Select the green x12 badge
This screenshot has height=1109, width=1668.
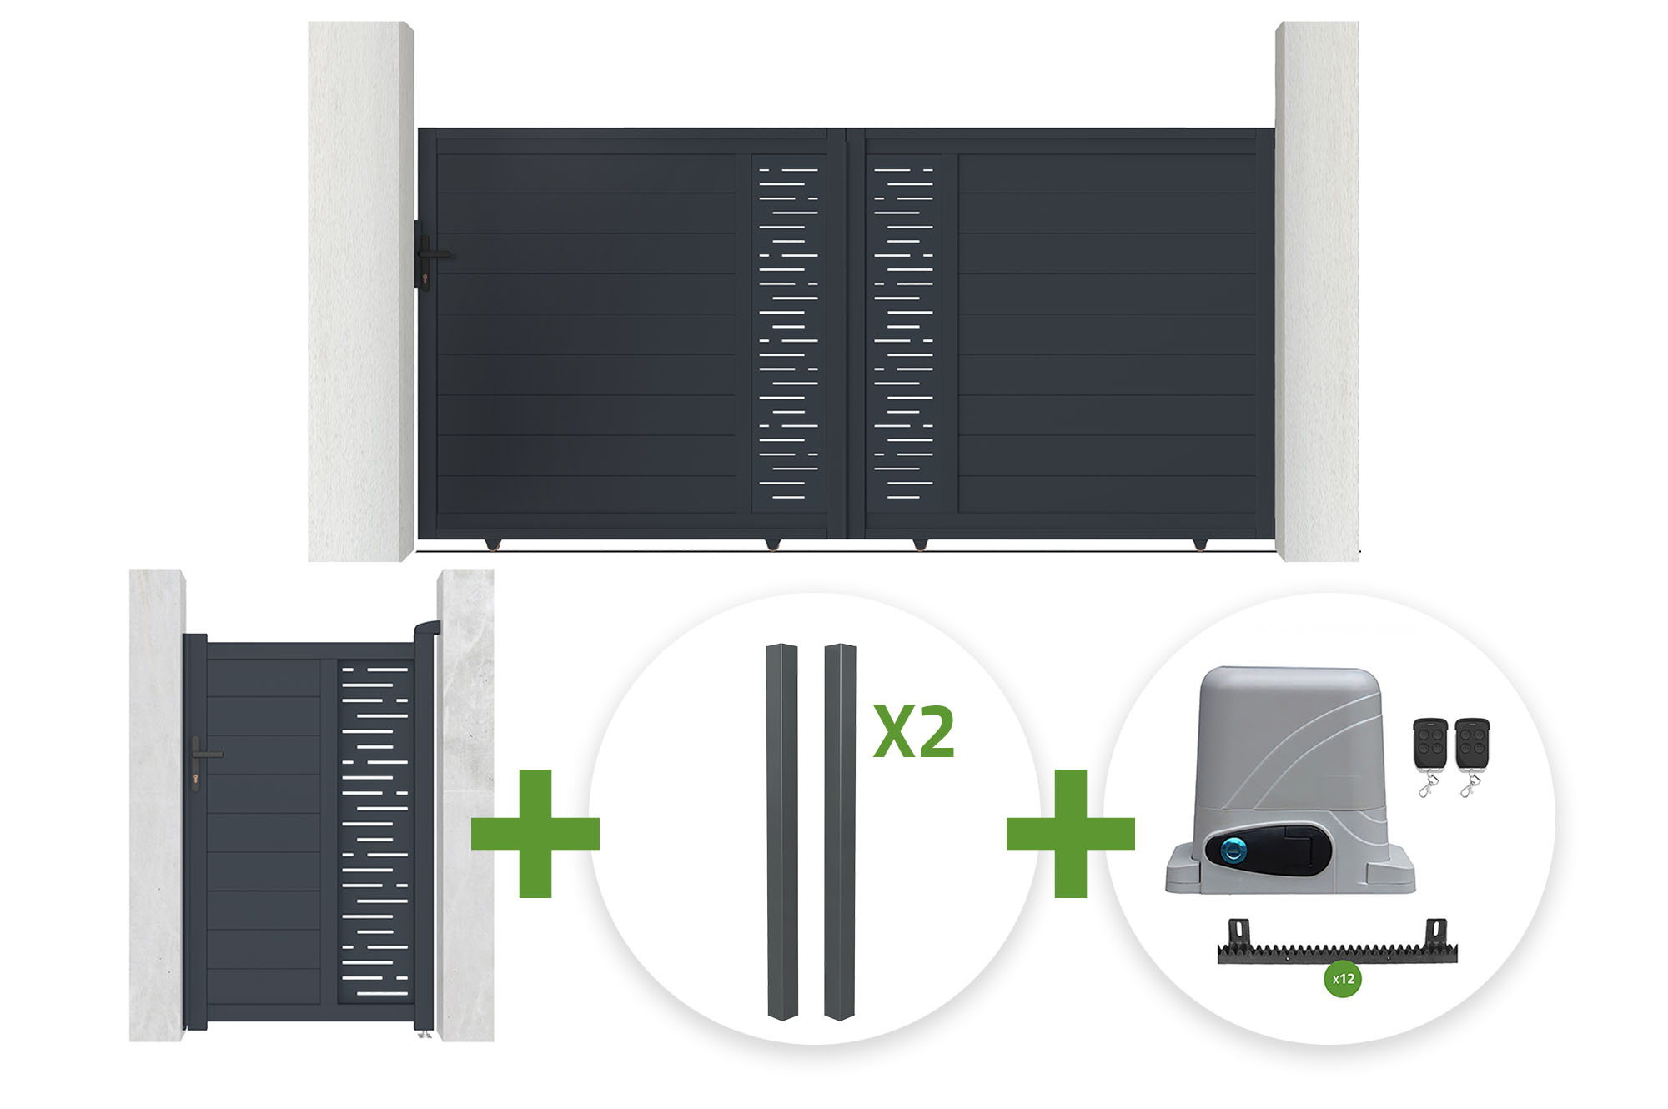[x=1343, y=979]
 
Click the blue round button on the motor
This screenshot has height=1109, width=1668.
[x=1233, y=851]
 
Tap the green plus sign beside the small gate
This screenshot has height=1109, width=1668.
[x=535, y=833]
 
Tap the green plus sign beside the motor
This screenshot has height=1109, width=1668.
[x=1071, y=833]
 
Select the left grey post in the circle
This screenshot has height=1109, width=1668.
[x=782, y=831]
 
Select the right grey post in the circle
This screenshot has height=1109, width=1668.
[x=840, y=831]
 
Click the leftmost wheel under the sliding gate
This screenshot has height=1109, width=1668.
[x=493, y=544]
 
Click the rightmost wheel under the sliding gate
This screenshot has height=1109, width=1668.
[x=1199, y=544]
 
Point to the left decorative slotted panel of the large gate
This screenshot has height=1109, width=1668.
[x=789, y=334]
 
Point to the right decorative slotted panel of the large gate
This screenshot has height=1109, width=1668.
[x=903, y=334]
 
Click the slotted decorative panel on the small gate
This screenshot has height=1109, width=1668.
[x=375, y=831]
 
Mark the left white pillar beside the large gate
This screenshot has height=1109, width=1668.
[x=361, y=291]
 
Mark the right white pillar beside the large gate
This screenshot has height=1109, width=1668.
[x=1317, y=291]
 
